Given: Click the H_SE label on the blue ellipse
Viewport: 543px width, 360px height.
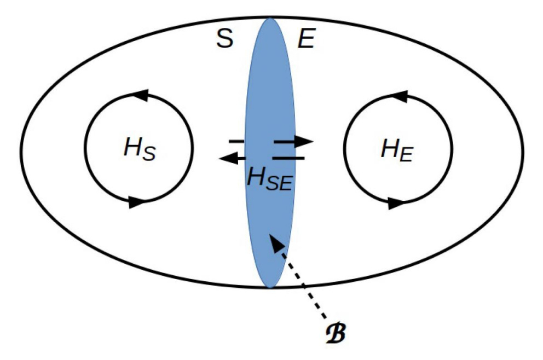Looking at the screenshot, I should [268, 178].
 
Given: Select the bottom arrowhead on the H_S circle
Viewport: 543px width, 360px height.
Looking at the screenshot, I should [136, 202].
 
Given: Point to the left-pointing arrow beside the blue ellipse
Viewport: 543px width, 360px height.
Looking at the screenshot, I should [232, 158].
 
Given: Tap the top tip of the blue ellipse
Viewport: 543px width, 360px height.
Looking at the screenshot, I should [270, 19].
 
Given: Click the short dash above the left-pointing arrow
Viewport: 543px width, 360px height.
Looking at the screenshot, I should [236, 142].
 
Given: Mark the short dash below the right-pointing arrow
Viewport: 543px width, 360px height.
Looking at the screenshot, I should [288, 158].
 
